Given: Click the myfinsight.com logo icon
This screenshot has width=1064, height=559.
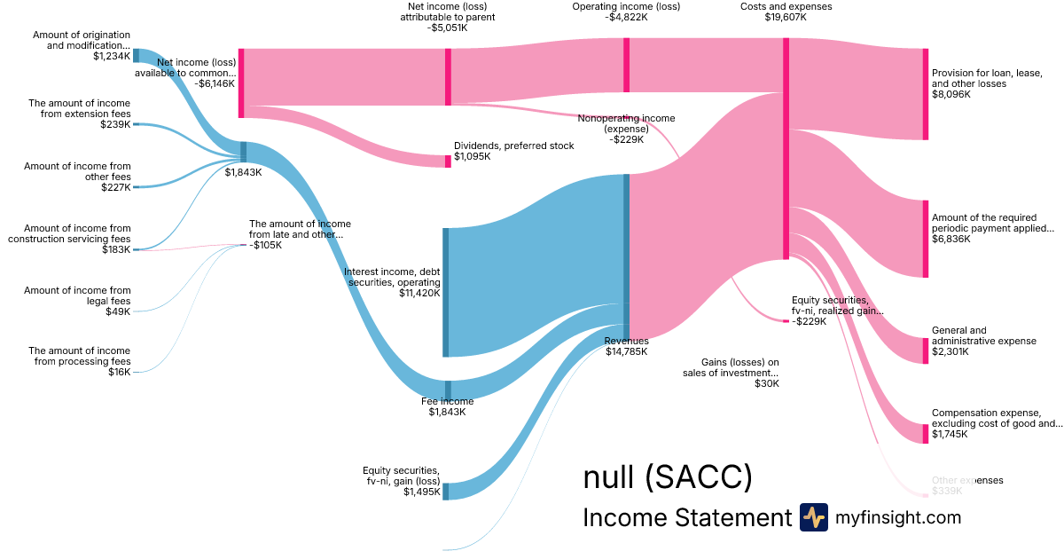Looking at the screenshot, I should (813, 517).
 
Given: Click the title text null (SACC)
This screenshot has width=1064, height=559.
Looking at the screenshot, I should (667, 477).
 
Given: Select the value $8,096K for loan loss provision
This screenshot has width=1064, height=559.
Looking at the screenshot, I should (951, 94).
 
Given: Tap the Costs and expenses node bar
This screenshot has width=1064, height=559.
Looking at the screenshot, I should (786, 148).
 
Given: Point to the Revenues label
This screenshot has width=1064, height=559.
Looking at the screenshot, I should (626, 341).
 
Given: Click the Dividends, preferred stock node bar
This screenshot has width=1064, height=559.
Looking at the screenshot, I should (448, 161).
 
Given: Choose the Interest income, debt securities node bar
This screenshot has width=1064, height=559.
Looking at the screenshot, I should (445, 292).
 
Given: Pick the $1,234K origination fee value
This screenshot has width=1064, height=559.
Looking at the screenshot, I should (112, 56).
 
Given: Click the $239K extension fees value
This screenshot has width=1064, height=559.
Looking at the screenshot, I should (115, 125).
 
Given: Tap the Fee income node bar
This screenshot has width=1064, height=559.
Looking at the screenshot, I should (448, 390).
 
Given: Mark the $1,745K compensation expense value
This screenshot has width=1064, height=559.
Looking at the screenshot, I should (951, 435).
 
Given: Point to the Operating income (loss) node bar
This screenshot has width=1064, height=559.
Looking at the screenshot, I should (626, 65).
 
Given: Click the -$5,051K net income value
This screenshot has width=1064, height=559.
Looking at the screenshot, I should (447, 28).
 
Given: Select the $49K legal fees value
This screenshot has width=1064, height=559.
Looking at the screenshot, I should (117, 311).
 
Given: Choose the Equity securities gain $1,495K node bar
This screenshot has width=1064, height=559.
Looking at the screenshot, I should (446, 491).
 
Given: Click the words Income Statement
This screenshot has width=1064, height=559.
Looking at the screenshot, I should (686, 518).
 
